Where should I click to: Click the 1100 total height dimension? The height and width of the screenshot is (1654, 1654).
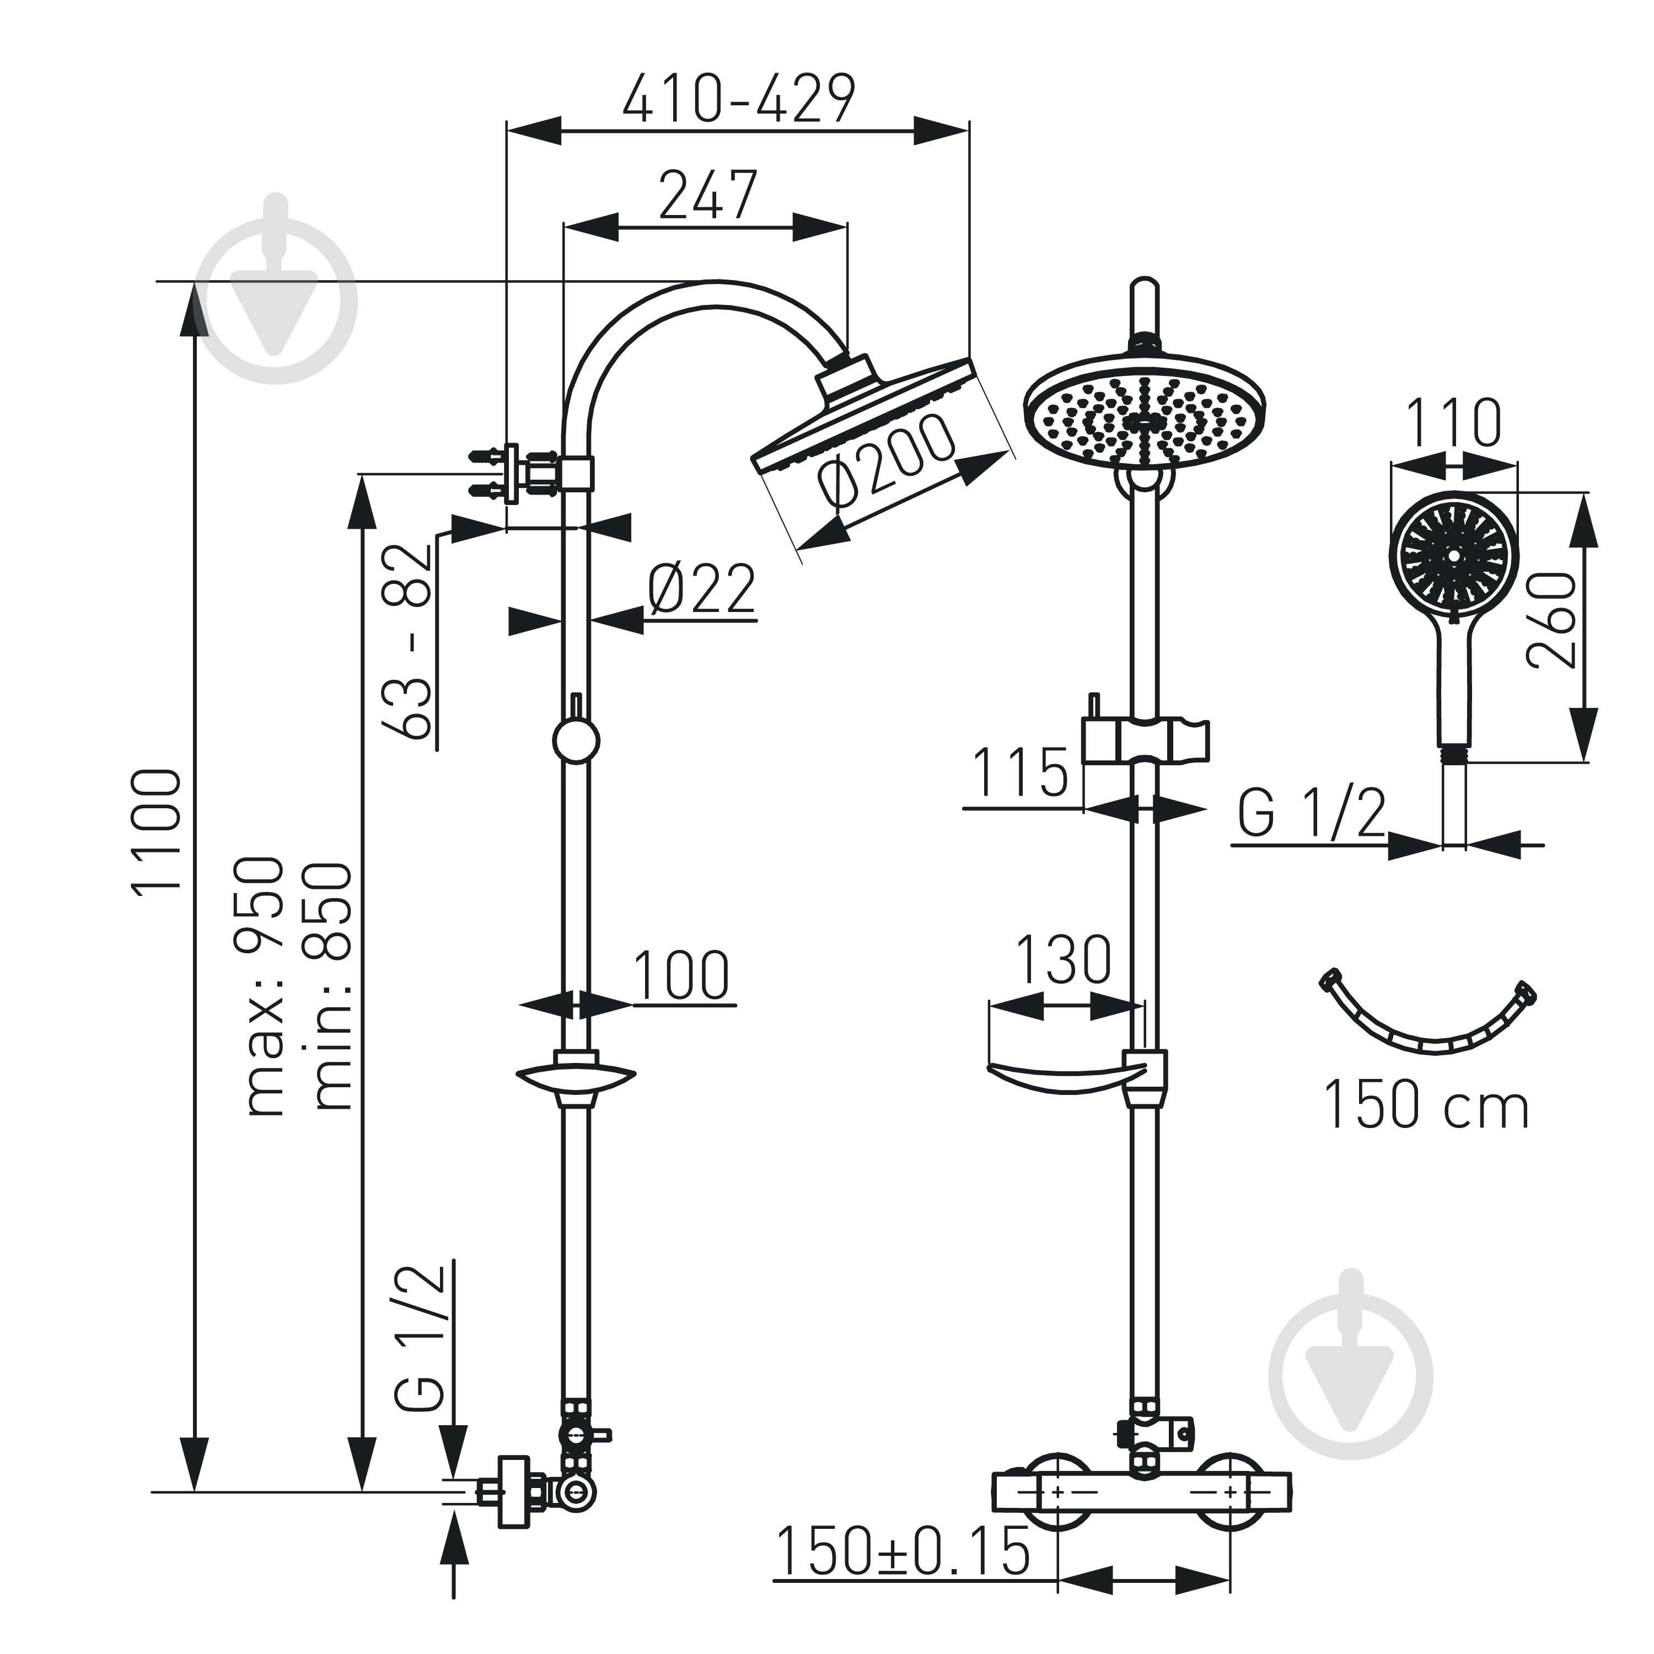tap(157, 830)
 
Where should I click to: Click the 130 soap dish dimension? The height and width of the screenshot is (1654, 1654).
tap(1064, 959)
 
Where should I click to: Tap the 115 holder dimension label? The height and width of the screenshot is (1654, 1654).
tap(1021, 772)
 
